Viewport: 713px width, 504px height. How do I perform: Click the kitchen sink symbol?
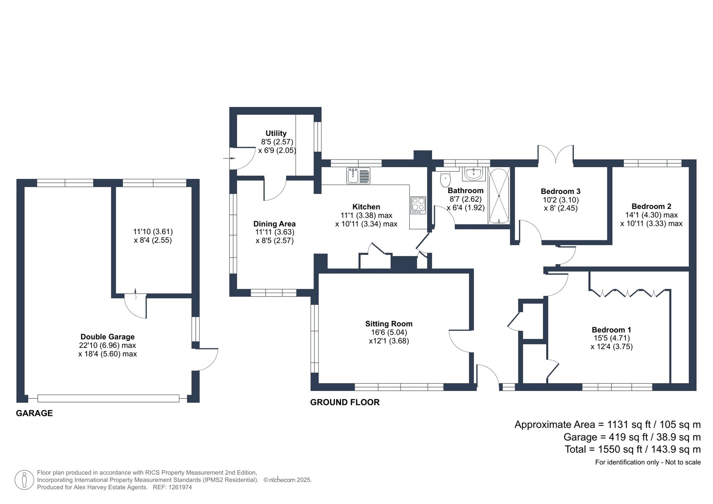point(358,176)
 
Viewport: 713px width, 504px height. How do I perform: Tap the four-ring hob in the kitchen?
point(418,205)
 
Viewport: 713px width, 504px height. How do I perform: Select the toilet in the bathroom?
point(445,180)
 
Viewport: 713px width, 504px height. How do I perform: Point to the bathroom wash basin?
point(473,174)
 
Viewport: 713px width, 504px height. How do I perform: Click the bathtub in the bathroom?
point(499,196)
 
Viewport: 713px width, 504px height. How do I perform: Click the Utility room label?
point(276,133)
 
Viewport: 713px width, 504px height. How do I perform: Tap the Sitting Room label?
point(389,324)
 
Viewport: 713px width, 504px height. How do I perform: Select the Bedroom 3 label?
point(560,191)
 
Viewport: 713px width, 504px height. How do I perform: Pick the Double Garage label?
point(107,336)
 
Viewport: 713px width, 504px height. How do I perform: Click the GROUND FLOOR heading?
point(345,402)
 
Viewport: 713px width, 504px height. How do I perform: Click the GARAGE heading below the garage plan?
point(34,413)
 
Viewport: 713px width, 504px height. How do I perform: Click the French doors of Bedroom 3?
point(555,154)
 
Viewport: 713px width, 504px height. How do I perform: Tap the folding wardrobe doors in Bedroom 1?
point(628,293)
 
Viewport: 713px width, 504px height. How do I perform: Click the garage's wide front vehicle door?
point(108,398)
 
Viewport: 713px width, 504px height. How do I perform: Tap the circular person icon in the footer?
point(24,480)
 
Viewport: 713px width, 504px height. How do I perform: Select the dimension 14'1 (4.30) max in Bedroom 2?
point(651,215)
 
